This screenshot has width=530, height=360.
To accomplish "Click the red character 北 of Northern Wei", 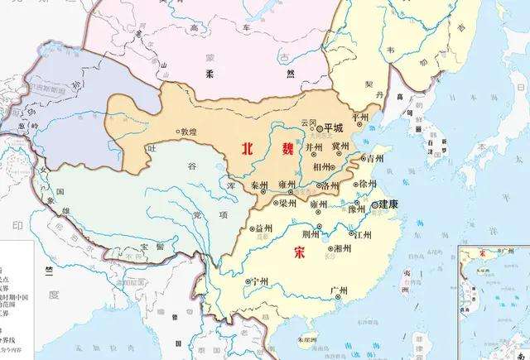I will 247,149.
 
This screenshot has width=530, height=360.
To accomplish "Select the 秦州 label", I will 260,185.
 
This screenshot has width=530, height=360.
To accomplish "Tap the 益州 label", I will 263,227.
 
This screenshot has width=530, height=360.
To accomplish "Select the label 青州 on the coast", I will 377,157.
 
